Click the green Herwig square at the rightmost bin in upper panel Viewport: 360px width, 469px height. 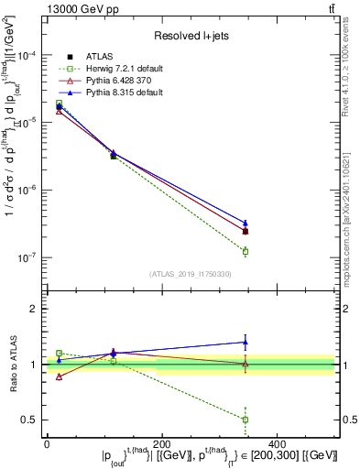[245, 251]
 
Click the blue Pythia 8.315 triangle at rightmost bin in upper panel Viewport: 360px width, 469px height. [245, 223]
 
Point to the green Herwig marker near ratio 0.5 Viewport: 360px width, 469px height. [245, 420]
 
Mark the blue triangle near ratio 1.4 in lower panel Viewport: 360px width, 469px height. [245, 343]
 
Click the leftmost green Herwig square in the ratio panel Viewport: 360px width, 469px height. [60, 353]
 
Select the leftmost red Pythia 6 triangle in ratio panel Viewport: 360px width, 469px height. [60, 376]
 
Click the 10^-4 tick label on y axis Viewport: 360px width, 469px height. [25, 56]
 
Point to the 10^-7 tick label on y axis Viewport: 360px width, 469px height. [25, 257]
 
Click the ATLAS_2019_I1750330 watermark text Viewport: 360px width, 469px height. [190, 274]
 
